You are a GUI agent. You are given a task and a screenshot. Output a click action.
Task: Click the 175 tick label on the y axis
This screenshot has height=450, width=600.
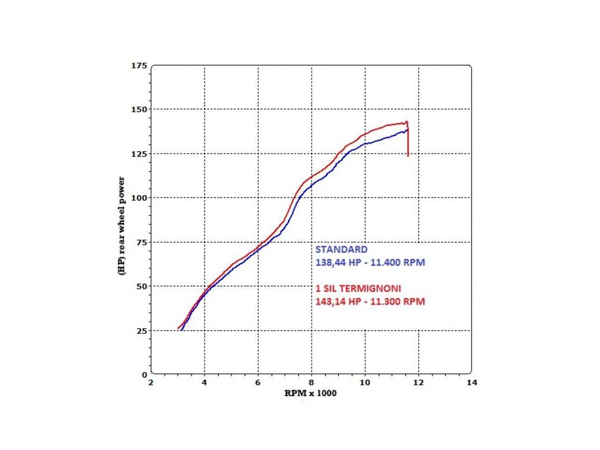pyautogui.click(x=139, y=65)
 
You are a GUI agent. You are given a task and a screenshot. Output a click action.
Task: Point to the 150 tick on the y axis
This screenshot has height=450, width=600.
pyautogui.click(x=139, y=110)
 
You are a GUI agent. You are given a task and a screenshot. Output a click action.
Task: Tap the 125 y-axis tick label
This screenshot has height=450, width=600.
pyautogui.click(x=139, y=154)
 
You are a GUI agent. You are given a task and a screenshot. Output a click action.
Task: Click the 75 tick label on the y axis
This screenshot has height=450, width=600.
pyautogui.click(x=141, y=242)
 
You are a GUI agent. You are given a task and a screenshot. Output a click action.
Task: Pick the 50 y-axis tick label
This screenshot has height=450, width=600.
pyautogui.click(x=141, y=286)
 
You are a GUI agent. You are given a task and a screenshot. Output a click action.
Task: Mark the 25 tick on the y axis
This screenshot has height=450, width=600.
pyautogui.click(x=141, y=330)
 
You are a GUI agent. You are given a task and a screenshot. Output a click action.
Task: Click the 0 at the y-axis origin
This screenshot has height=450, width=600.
pyautogui.click(x=144, y=374)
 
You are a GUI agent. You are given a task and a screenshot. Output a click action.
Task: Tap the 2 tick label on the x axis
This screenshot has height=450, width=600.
pyautogui.click(x=151, y=383)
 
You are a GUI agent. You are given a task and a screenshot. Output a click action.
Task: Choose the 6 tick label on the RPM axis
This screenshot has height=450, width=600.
pyautogui.click(x=258, y=383)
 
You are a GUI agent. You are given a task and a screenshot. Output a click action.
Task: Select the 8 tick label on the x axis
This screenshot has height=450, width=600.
pyautogui.click(x=312, y=383)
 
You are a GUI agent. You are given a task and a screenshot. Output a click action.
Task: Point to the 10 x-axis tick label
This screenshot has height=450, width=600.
pyautogui.click(x=365, y=383)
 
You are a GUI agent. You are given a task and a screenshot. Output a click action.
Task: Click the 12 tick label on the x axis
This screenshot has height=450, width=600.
pyautogui.click(x=418, y=383)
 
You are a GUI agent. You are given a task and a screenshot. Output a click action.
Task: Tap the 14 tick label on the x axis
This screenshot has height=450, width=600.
pyautogui.click(x=472, y=383)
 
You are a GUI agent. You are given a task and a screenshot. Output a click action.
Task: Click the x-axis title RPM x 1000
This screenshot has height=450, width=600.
pyautogui.click(x=311, y=393)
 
